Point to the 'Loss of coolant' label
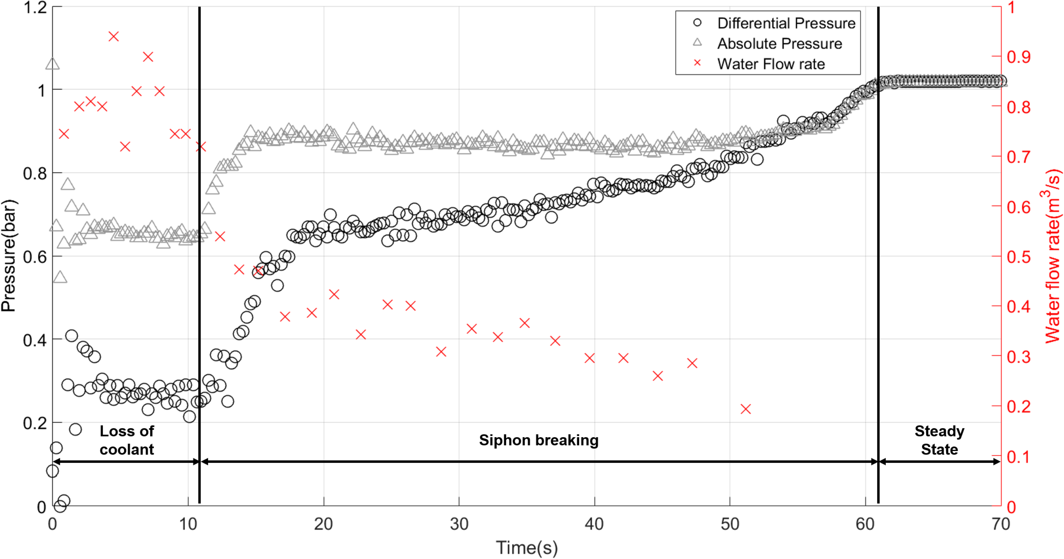(127, 440)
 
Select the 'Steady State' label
(939, 440)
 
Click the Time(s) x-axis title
(527, 548)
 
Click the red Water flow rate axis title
(1052, 256)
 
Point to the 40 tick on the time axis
(594, 524)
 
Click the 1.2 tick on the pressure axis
(35, 7)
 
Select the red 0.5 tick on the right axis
(1019, 257)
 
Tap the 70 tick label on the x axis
(1000, 524)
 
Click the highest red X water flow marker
(114, 36)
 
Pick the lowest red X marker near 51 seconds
(745, 409)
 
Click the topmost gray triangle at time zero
(53, 64)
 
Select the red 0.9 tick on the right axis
(1019, 57)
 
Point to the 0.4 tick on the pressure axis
(35, 340)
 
